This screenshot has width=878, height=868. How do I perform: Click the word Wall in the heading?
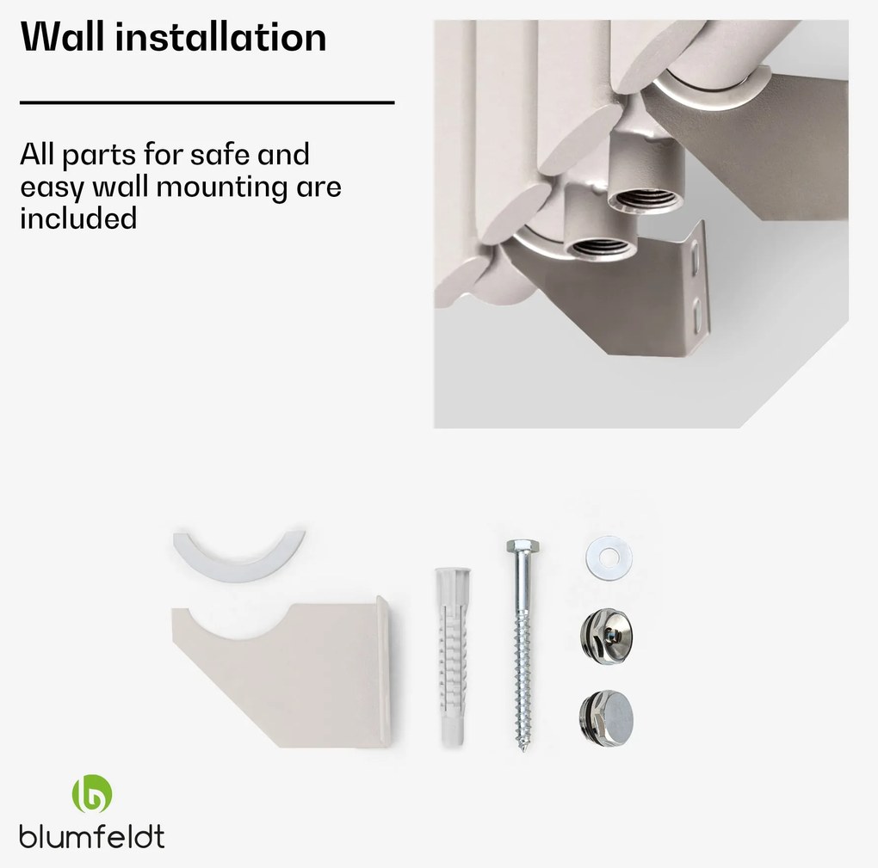[x=62, y=37]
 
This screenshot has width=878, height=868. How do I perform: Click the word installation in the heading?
[x=221, y=37]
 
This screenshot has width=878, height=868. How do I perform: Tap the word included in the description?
[x=78, y=219]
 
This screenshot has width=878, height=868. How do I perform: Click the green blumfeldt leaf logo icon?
[x=92, y=793]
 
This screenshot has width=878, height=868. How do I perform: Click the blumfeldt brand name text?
[x=92, y=837]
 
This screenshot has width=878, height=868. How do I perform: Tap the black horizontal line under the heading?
[x=207, y=103]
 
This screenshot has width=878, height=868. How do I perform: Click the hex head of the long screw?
[x=522, y=546]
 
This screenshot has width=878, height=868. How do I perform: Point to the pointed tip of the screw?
[x=523, y=748]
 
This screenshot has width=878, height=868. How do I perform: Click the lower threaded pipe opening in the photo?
[x=600, y=247]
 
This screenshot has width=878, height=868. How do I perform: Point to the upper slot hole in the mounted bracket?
[x=695, y=259]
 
